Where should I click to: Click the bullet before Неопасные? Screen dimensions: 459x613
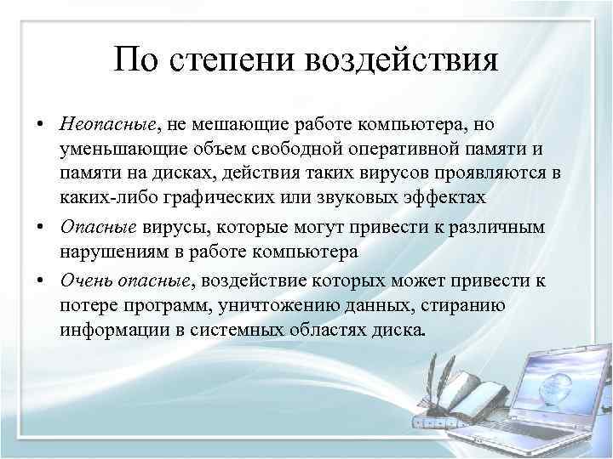pos(41,125)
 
